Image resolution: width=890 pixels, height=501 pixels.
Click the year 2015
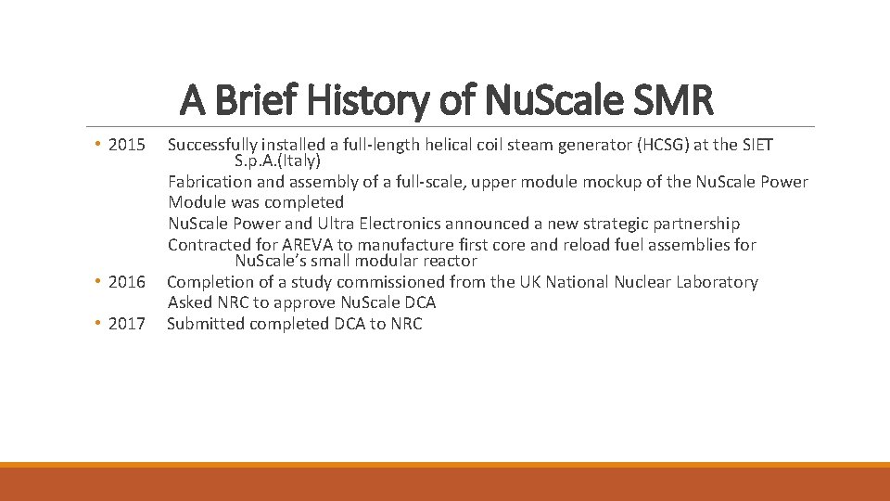(x=127, y=145)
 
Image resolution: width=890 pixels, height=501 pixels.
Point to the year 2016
(x=127, y=282)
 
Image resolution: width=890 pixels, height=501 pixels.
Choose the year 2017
(x=127, y=324)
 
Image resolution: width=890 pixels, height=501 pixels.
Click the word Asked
(x=188, y=302)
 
